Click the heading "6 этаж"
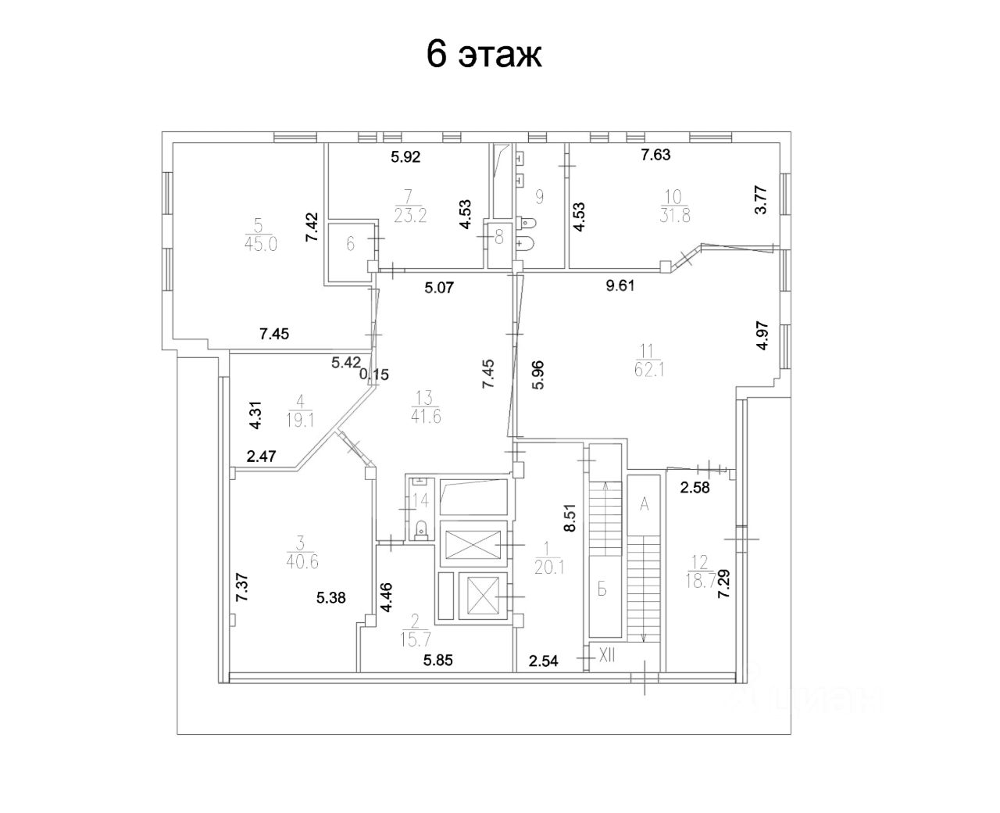484,55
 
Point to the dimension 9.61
621,285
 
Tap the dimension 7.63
655,155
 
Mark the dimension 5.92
405,156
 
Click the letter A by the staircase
645,504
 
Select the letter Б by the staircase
602,589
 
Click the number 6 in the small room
351,245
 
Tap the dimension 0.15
374,374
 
